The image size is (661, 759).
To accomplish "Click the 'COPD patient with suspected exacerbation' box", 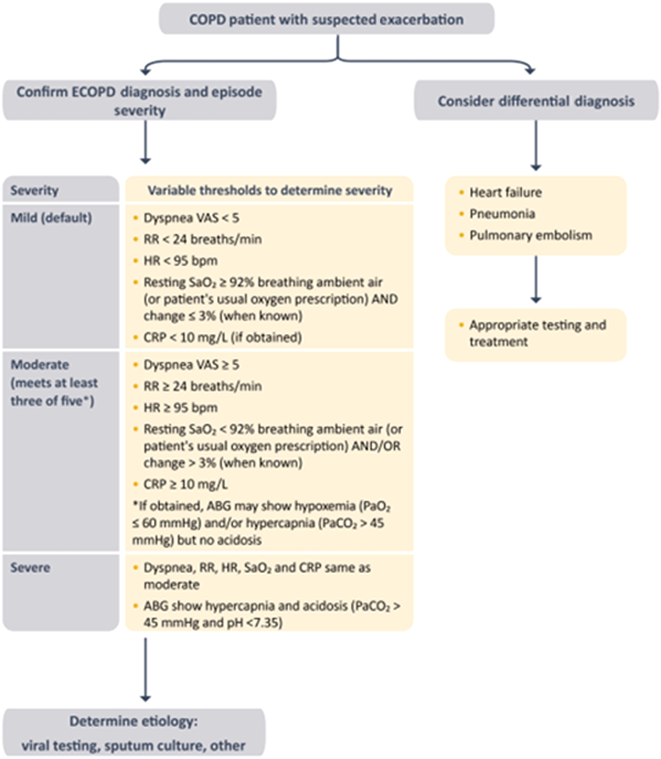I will coord(326,19).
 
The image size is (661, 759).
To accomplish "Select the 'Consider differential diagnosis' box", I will coord(536,101).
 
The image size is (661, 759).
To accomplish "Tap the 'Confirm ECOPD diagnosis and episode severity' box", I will coord(139,100).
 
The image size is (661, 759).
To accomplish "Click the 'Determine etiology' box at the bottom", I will coord(134,733).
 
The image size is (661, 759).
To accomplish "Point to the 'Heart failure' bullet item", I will coord(505,193).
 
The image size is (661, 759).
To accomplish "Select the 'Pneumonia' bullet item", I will coord(502,214).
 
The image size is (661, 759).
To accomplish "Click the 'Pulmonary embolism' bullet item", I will coord(530,235).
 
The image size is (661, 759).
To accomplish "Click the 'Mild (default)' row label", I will coord(52,218).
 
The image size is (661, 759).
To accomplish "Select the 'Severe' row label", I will coord(30,567).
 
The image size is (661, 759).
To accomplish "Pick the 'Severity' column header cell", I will coord(35,190).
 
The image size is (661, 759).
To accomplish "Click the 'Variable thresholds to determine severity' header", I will coord(269,190).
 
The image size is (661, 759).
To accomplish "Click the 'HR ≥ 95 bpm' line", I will coord(180,407).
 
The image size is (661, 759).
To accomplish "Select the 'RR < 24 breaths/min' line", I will coord(202,239).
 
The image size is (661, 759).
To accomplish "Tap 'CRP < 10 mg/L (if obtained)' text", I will coord(223,337).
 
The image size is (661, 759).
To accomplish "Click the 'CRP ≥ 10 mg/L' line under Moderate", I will coord(185,484).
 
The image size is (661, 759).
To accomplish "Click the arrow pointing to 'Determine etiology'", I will coord(145,670).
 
